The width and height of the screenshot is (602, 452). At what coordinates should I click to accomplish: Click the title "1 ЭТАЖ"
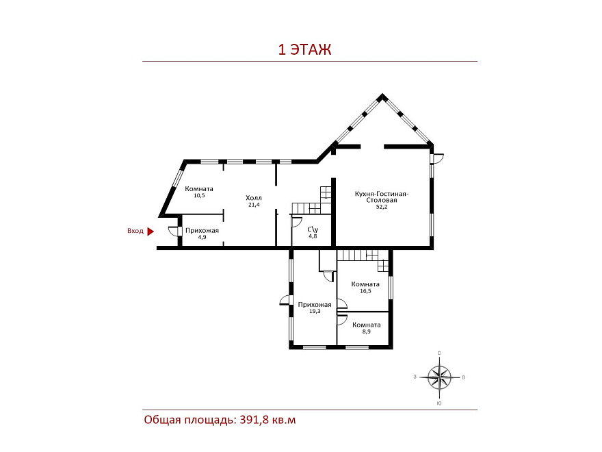point(304,50)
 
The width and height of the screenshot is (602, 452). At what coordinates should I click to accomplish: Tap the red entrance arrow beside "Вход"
point(150,231)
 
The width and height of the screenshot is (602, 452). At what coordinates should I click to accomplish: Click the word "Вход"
point(135,231)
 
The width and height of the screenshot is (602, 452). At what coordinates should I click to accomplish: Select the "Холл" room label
point(254,198)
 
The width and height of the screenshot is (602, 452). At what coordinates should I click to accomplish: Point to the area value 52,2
point(382,207)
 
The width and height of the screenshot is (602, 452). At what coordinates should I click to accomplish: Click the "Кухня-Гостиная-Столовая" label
point(382,197)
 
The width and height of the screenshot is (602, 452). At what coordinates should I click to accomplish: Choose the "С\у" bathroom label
point(313,229)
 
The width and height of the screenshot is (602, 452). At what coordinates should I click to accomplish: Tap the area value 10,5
point(199,195)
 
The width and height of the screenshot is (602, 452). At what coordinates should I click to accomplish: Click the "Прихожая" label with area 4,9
point(202,231)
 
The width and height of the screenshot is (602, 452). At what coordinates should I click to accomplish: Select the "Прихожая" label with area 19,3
point(315,305)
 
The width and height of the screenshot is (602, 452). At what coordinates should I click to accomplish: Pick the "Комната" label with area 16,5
point(365,284)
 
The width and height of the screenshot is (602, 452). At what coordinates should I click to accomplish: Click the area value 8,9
point(367,331)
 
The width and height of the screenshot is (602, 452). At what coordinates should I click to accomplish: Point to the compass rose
point(440,377)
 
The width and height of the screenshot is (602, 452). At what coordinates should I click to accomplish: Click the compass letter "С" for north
point(439,353)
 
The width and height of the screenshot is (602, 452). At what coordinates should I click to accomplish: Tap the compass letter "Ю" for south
point(439,403)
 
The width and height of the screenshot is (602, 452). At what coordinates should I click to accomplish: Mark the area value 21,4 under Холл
point(254,205)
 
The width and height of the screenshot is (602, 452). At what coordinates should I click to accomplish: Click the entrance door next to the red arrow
point(174,231)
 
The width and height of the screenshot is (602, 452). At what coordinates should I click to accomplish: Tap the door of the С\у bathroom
point(297,222)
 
